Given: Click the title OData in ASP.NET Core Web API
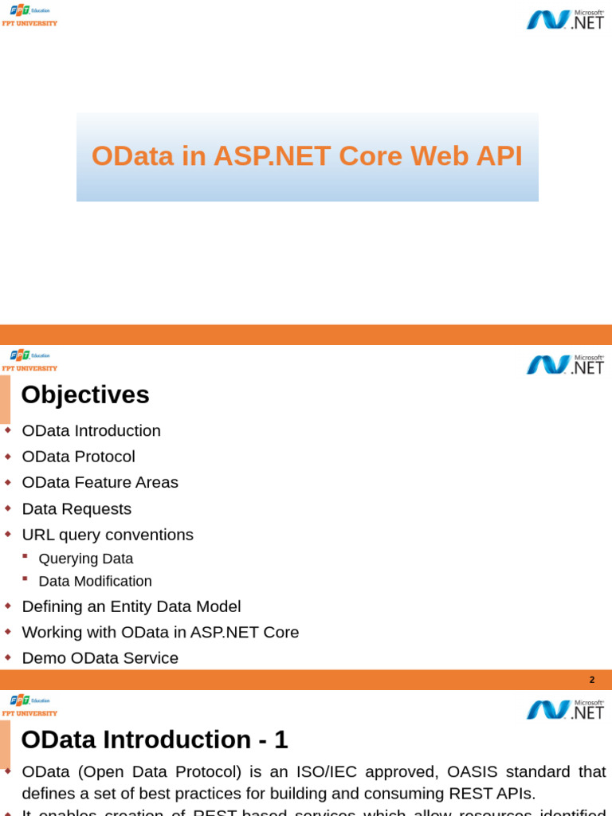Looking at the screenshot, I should tap(307, 156).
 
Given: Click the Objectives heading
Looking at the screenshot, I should tap(85, 394).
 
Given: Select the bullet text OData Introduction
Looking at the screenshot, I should tap(91, 431).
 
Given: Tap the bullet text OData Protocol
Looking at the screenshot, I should tap(78, 457).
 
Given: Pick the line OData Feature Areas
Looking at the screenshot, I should tap(100, 482).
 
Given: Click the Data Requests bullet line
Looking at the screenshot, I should tap(76, 508).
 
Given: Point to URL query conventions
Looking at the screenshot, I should tap(108, 535).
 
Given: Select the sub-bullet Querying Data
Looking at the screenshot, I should tap(85, 559).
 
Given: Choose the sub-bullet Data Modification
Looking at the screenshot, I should tap(95, 582).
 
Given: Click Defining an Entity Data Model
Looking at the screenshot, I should tap(131, 606).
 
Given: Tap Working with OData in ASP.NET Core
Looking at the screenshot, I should tap(160, 632).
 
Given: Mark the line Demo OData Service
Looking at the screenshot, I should tap(100, 658).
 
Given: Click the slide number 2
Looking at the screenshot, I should tap(591, 680).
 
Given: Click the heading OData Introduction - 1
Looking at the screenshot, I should tap(154, 739).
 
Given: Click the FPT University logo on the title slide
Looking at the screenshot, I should tap(29, 15).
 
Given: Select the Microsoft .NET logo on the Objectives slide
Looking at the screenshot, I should tap(565, 364).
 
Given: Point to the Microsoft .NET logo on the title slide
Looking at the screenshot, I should tap(565, 19).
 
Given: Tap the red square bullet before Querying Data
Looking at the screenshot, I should tap(25, 555).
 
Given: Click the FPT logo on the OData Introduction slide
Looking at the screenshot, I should tap(29, 705).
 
